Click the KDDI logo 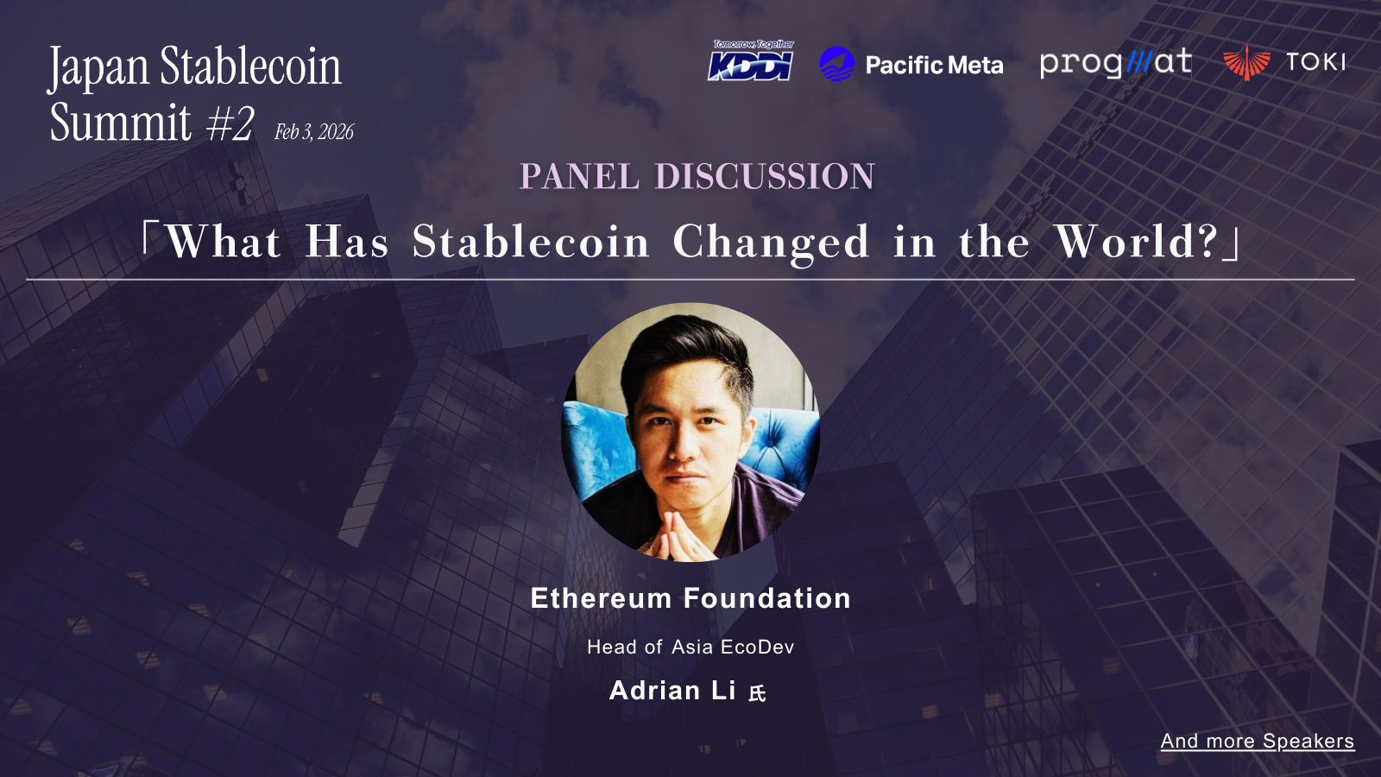751,61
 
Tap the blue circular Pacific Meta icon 836,64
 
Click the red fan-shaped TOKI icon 1246,62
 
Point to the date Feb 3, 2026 314,132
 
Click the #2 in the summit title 230,123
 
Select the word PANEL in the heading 579,176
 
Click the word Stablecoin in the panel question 530,241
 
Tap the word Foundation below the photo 767,598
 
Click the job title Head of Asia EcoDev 690,647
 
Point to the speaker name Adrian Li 672,691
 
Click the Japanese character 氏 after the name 757,694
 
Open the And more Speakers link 1258,741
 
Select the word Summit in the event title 120,122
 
